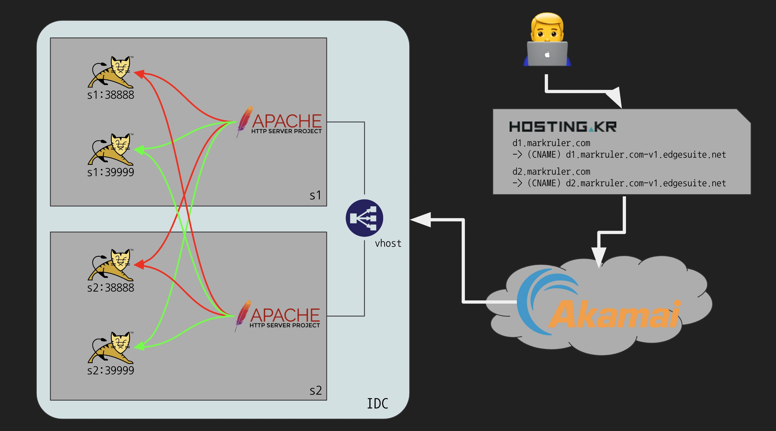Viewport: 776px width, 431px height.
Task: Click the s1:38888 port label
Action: (111, 95)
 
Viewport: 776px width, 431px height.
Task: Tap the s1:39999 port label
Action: (111, 173)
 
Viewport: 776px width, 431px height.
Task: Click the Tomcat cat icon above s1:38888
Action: (111, 72)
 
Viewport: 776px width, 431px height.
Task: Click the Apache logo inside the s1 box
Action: (280, 122)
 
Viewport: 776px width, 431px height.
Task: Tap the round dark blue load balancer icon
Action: (364, 218)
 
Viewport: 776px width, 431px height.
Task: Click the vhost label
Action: (388, 243)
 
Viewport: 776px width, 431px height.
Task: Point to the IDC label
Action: (377, 404)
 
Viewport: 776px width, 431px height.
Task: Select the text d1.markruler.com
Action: (551, 143)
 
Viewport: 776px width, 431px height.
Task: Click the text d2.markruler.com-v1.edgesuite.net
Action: (646, 183)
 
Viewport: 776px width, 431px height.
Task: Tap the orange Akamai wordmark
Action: (615, 314)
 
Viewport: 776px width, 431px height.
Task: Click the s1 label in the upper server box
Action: (315, 196)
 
